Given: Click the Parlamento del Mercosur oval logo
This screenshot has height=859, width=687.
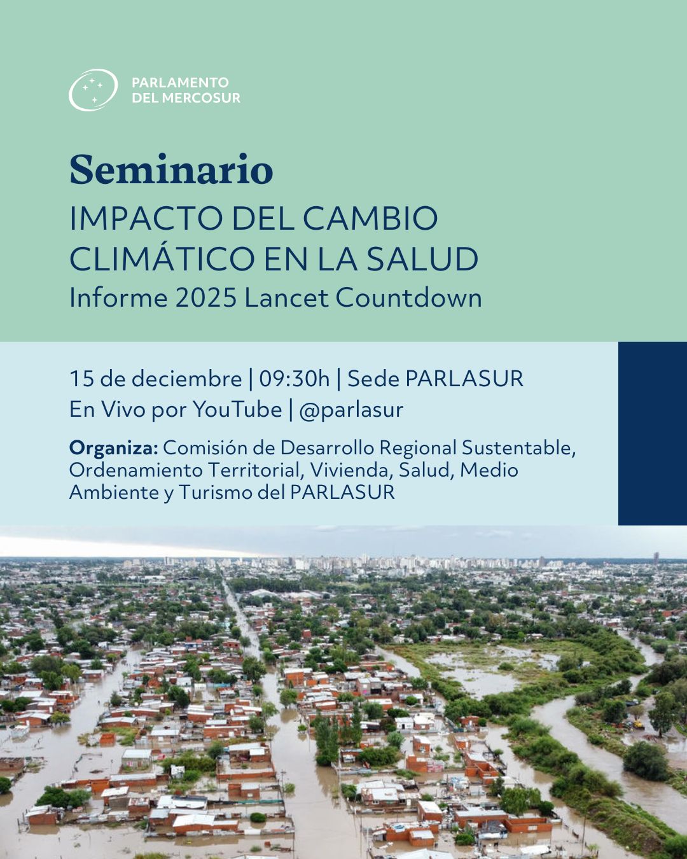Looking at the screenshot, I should click(x=93, y=90).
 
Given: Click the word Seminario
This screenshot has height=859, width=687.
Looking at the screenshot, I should click(x=171, y=170).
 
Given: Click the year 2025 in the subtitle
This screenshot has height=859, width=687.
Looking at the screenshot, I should click(x=205, y=298).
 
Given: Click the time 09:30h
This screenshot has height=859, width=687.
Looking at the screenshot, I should click(x=294, y=379).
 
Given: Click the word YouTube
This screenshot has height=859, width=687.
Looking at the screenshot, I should click(x=237, y=409).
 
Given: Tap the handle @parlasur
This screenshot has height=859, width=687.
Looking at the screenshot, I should click(x=350, y=410).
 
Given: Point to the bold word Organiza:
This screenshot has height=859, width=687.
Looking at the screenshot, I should click(x=113, y=448).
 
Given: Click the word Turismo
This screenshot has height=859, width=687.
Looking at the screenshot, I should click(x=216, y=492).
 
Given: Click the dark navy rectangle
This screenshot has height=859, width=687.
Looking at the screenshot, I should click(x=652, y=433).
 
